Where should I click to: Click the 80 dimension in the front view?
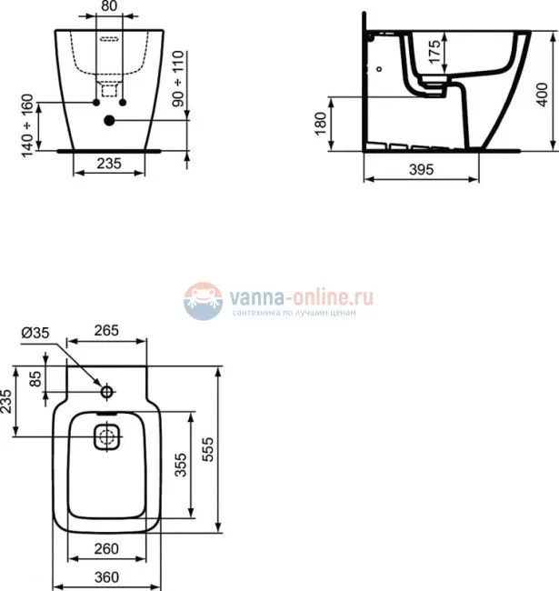(108, 6)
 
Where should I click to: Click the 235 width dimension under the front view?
(109, 165)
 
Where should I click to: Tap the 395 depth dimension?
(419, 170)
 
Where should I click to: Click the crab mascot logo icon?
(203, 301)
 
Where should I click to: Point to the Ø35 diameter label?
(35, 334)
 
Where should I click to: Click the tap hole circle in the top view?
(106, 392)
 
